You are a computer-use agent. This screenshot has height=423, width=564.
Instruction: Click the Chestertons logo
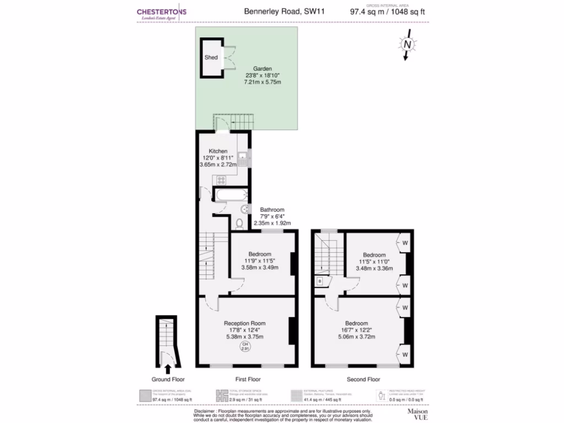(161, 13)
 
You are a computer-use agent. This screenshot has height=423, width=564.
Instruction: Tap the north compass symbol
(407, 45)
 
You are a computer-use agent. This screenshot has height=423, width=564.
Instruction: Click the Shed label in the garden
(211, 57)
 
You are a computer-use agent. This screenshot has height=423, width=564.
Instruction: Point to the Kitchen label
(218, 151)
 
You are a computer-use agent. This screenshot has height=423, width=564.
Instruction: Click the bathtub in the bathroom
(230, 195)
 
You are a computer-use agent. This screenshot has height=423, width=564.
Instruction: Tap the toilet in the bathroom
(239, 223)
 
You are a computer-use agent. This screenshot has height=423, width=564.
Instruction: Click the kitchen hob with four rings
(222, 180)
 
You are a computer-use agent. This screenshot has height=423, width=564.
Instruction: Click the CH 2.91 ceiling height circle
(244, 346)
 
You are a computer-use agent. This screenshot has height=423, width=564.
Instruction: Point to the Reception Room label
(245, 323)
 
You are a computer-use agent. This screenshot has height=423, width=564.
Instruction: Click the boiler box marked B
(319, 281)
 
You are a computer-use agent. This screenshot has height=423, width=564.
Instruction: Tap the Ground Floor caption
(168, 379)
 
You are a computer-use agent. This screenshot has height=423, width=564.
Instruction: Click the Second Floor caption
(363, 379)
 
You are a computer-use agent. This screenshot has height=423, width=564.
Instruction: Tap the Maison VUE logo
(417, 414)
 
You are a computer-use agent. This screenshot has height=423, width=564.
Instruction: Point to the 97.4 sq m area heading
(387, 11)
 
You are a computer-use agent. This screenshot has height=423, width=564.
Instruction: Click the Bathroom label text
(272, 210)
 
